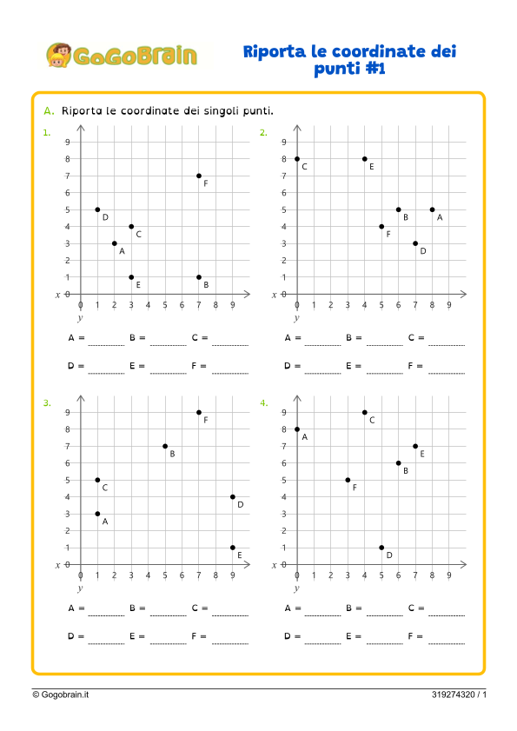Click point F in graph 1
click(199, 176)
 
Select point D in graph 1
click(97, 209)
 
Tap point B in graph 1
click(199, 277)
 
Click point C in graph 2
click(297, 159)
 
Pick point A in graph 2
click(432, 209)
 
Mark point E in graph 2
click(364, 159)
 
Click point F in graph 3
click(199, 412)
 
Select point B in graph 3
click(165, 446)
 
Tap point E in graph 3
click(233, 548)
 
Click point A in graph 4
click(297, 429)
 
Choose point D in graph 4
click(381, 548)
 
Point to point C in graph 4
click(364, 412)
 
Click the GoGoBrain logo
click(121, 56)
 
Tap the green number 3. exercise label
click(47, 403)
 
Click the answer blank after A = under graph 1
click(106, 340)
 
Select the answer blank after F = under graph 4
click(447, 639)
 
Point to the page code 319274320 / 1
click(459, 694)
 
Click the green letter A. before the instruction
click(49, 111)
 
